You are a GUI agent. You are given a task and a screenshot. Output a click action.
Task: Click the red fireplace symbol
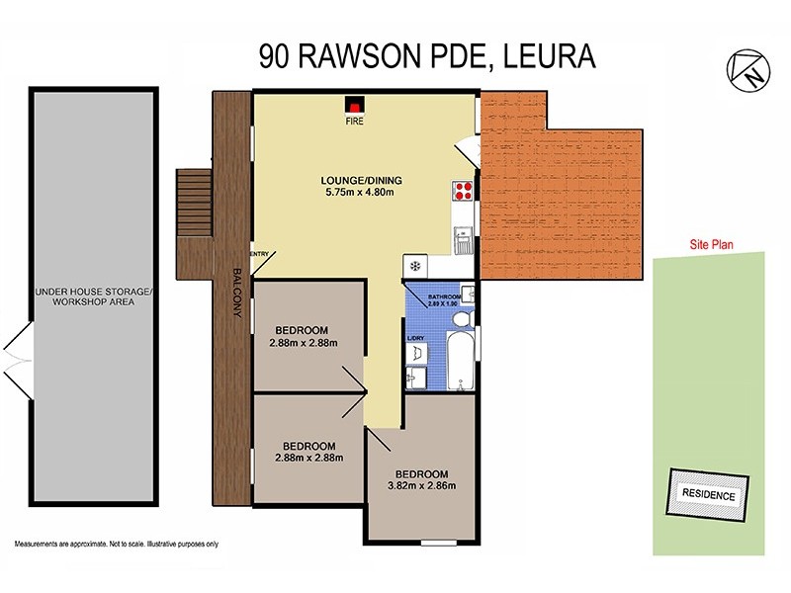click(353, 103)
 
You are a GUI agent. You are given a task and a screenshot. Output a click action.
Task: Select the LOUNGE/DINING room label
click(360, 180)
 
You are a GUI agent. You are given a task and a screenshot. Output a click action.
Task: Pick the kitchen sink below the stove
click(461, 238)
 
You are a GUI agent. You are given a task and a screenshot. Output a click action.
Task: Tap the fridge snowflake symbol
click(415, 266)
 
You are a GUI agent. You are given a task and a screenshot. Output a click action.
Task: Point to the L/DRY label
click(416, 340)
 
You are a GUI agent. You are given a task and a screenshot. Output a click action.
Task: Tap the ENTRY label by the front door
click(260, 254)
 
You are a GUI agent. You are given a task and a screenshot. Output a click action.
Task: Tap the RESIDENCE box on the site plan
click(709, 495)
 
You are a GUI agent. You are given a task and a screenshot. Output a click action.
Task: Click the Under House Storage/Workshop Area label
click(94, 296)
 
